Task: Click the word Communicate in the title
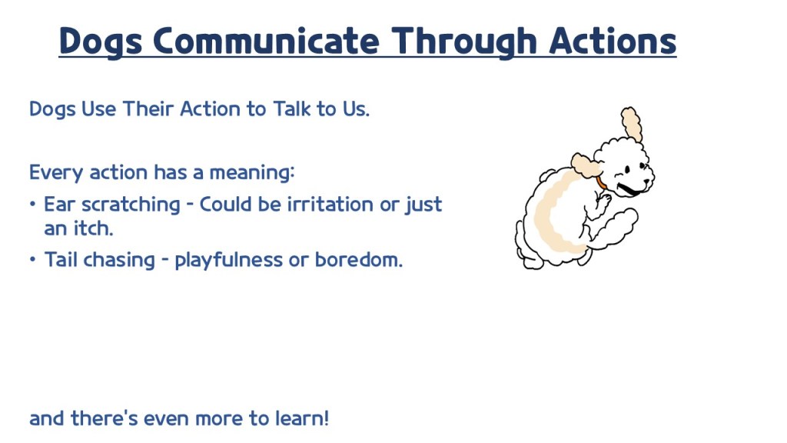266,41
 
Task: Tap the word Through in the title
464,42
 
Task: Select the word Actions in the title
613,41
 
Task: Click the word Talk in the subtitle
291,108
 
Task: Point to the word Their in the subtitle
148,108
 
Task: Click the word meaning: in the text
251,172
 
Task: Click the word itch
93,228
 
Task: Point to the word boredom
358,260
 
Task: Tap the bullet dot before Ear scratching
32,205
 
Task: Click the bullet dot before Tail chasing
32,260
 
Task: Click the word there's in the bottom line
104,418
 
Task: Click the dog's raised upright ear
632,124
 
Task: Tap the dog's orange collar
601,182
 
